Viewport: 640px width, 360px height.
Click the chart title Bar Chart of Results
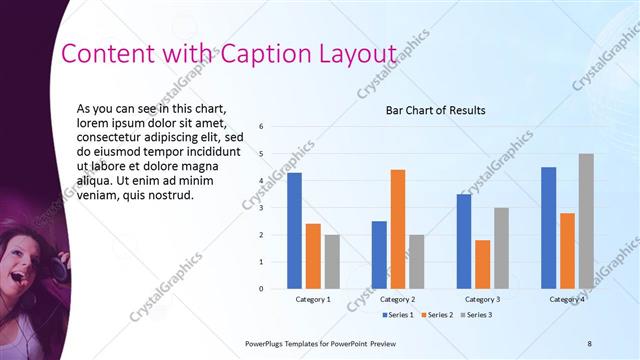(x=435, y=110)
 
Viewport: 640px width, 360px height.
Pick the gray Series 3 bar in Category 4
(x=586, y=221)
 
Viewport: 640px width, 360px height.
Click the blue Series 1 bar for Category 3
(x=464, y=241)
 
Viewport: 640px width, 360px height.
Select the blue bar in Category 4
(x=548, y=227)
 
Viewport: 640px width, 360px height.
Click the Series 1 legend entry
(x=401, y=315)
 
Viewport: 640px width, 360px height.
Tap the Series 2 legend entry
(x=436, y=315)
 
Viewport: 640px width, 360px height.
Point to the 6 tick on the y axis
(x=260, y=127)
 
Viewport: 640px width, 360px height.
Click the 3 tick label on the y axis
(x=260, y=208)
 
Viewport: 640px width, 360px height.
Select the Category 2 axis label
(x=398, y=299)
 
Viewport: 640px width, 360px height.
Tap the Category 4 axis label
(x=567, y=299)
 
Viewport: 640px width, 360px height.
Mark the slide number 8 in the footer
(x=590, y=343)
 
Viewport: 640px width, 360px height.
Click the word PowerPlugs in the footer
(x=269, y=343)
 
